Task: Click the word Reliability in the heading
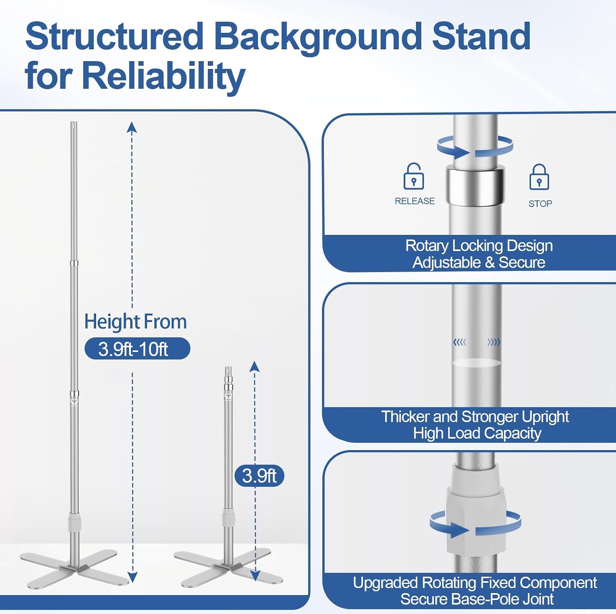coord(163,76)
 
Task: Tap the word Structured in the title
coord(115,37)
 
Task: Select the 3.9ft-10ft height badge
coord(137,349)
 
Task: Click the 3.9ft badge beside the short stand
coord(260,476)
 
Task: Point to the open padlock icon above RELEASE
coord(414,177)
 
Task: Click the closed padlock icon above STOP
coord(539,177)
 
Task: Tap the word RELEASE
coord(415,201)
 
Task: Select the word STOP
coord(540,204)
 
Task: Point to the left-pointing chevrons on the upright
coord(460,342)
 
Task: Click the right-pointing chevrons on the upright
coord(494,342)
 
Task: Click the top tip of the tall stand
coord(74,122)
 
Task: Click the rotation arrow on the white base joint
coord(476,524)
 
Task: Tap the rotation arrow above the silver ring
coord(475,147)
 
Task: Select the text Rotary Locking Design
coord(479,246)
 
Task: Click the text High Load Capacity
coord(477,433)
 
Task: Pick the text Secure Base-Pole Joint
coord(477,599)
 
